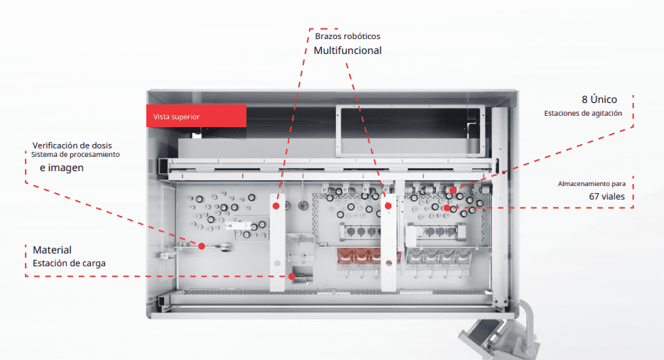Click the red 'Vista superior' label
195,116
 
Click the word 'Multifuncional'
347,50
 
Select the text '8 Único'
599,99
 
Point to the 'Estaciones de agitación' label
583,113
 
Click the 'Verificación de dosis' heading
72,146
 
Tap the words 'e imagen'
62,168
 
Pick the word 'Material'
52,250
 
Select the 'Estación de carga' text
70,263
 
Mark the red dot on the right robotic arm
388,206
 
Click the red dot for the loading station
292,276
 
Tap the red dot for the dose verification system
202,246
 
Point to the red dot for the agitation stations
453,190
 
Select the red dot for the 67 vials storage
447,208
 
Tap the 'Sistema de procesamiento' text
75,155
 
